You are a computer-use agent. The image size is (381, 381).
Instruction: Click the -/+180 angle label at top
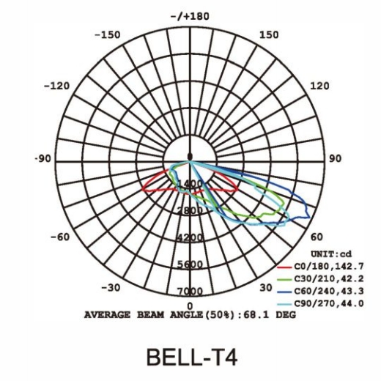pos(190,17)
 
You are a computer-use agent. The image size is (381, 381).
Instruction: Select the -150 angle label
pos(108,35)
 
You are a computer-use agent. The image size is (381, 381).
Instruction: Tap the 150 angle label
pos(269,35)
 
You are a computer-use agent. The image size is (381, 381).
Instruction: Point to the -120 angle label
pos(56,86)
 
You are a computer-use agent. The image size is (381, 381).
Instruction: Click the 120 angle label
pos(319,86)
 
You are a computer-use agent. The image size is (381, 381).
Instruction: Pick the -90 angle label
pos(43,159)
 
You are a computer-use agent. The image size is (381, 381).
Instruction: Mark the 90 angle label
pos(335,159)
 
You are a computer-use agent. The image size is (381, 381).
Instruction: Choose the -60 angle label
pos(60,237)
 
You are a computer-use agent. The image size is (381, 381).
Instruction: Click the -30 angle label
pos(111,288)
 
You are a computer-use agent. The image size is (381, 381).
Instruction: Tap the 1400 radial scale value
pos(190,184)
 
